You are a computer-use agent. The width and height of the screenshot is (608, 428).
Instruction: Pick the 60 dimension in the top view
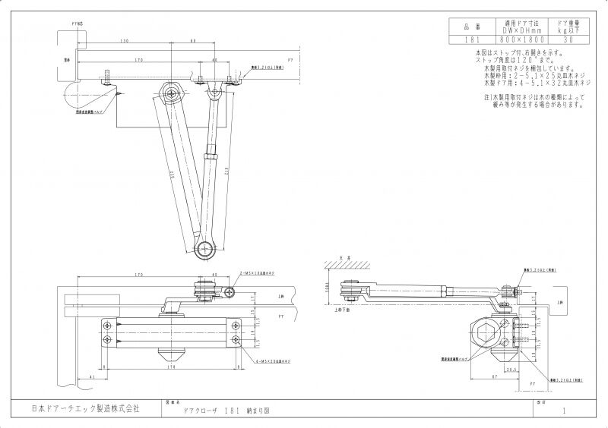193,39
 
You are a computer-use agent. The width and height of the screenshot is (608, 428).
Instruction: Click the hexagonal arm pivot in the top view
172,94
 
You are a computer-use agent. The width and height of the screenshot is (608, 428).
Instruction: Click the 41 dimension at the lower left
91,377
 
